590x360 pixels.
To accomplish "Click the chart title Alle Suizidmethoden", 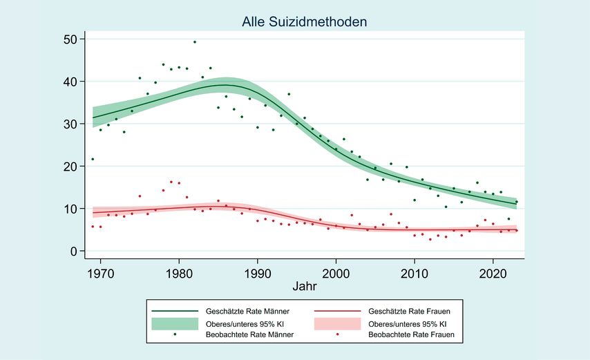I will [304, 22].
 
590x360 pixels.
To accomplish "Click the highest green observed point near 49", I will [195, 42].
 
